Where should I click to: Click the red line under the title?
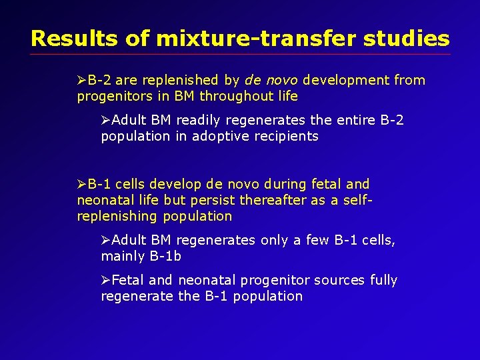pyautogui.click(x=240, y=55)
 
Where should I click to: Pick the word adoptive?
pyautogui.click(x=227, y=137)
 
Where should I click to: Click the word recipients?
pyautogui.click(x=288, y=137)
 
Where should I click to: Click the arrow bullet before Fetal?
pyautogui.click(x=106, y=280)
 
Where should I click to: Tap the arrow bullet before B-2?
pyautogui.click(x=82, y=81)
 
